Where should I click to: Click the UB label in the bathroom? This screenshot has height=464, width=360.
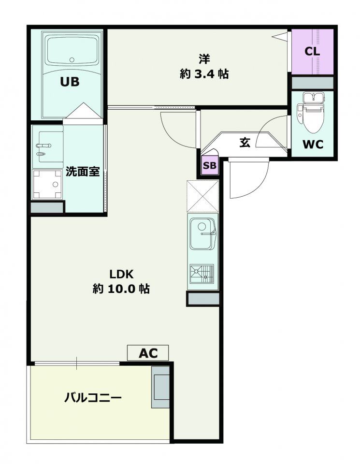69,82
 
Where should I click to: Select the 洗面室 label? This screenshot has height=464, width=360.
83,172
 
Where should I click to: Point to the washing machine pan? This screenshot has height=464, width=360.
48,184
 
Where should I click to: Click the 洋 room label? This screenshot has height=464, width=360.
203,59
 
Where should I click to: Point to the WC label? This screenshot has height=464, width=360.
313,144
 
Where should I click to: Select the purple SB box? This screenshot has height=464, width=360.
210,165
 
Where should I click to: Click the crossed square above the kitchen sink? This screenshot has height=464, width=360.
203,196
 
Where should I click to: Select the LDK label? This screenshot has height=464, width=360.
120,274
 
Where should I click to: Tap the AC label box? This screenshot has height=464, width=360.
148,353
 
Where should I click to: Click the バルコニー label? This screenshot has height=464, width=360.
93,398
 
